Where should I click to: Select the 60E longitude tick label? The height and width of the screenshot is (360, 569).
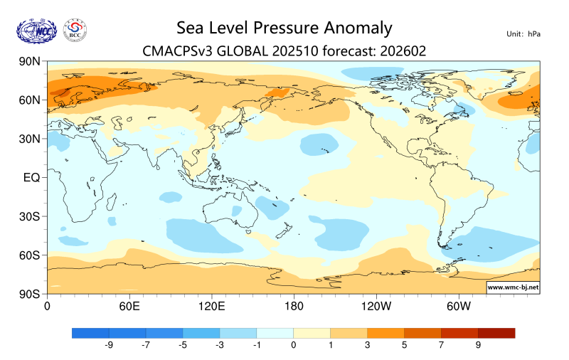click(129, 307)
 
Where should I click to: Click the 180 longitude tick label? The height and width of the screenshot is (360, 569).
click(294, 307)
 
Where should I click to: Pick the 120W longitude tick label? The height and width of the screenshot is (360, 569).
click(376, 307)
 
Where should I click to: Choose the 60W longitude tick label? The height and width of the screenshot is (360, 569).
click(459, 307)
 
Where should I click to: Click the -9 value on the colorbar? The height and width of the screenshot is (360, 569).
click(110, 345)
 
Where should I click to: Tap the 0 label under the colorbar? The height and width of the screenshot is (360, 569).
click(294, 345)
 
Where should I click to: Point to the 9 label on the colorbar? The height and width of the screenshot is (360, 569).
click(478, 345)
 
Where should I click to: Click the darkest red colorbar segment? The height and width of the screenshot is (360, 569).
click(496, 332)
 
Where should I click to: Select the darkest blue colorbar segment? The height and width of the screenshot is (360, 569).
click(91, 332)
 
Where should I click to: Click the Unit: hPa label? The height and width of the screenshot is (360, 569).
click(523, 33)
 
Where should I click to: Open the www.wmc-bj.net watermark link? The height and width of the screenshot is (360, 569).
click(512, 287)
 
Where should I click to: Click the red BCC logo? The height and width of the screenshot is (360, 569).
click(75, 30)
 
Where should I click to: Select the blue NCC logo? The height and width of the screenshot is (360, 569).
click(39, 30)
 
